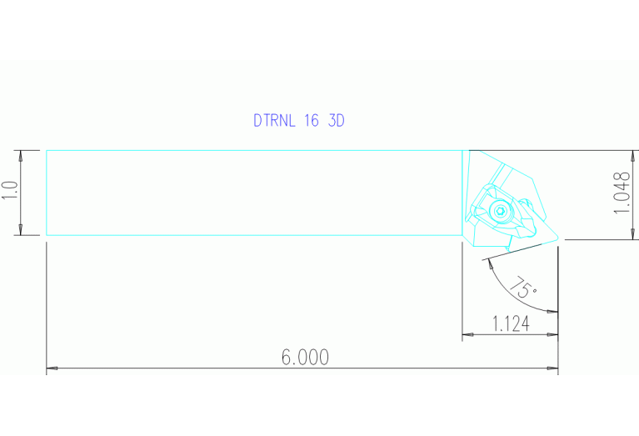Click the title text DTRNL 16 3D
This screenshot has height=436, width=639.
pyautogui.click(x=298, y=120)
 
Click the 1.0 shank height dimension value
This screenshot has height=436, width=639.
pyautogui.click(x=9, y=193)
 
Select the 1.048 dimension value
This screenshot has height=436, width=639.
pyautogui.click(x=620, y=193)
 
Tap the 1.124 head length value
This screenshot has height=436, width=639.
pyautogui.click(x=510, y=323)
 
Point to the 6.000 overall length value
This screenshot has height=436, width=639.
pyautogui.click(x=305, y=358)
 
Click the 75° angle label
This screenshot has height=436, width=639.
pyautogui.click(x=522, y=288)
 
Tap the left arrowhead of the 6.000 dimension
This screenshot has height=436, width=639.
pyautogui.click(x=50, y=367)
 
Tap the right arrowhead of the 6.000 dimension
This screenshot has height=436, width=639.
pyautogui.click(x=553, y=367)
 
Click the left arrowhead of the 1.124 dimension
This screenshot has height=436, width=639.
pyautogui.click(x=467, y=335)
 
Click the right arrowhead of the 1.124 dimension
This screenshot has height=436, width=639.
pyautogui.click(x=553, y=335)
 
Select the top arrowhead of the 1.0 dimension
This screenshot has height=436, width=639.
pyautogui.click(x=21, y=154)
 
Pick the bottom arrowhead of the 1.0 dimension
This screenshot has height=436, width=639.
pyautogui.click(x=21, y=231)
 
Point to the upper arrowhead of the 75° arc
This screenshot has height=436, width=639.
pyautogui.click(x=487, y=260)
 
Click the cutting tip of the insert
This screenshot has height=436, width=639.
pyautogui.click(x=557, y=239)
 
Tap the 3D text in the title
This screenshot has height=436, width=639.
pyautogui.click(x=336, y=120)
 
